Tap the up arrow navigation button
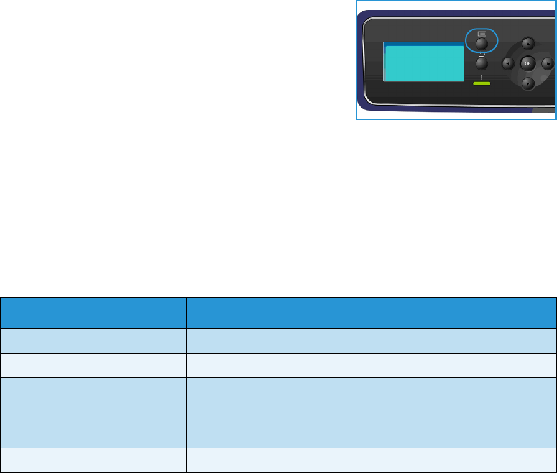point(527,44)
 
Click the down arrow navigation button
point(527,83)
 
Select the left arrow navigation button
point(507,63)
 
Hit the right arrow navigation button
point(547,63)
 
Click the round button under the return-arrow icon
point(482,64)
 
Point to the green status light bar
point(482,83)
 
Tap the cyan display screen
point(424,65)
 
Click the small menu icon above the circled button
point(482,34)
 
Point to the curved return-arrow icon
point(482,55)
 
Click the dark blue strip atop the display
point(424,45)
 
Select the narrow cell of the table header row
point(93,312)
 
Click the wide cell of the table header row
point(372,312)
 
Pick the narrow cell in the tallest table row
point(93,412)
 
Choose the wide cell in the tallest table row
point(372,412)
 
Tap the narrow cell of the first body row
point(93,341)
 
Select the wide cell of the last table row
point(372,460)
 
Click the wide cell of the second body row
point(372,365)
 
